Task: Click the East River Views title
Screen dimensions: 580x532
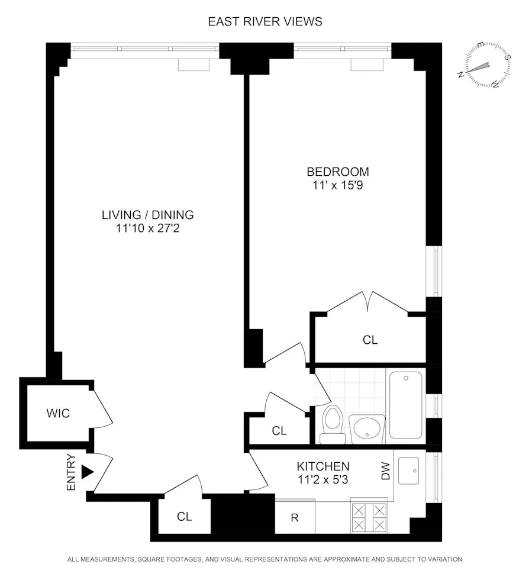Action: click(265, 21)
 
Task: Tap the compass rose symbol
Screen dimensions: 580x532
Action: click(484, 66)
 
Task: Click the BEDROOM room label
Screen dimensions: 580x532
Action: click(337, 172)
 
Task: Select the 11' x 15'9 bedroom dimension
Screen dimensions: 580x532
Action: click(337, 185)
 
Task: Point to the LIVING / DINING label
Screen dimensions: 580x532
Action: click(147, 215)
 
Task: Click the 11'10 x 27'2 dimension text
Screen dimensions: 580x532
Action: click(147, 228)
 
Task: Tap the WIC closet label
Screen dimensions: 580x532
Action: click(58, 413)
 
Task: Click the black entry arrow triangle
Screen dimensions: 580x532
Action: click(88, 472)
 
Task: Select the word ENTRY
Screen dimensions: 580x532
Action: click(72, 472)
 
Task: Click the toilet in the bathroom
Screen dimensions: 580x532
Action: click(333, 422)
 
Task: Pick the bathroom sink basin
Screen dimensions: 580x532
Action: click(367, 426)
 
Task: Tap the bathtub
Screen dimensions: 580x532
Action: click(406, 405)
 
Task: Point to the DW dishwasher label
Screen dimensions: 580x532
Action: click(386, 472)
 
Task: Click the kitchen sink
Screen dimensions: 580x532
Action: click(408, 471)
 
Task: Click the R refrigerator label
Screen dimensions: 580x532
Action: click(294, 518)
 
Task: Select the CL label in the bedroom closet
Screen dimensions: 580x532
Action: click(370, 340)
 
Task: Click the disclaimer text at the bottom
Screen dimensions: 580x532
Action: click(266, 559)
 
